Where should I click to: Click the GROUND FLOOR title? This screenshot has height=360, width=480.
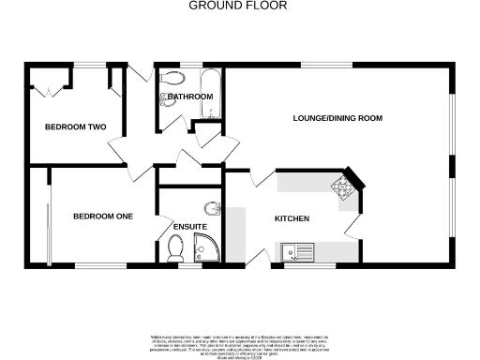[238, 6]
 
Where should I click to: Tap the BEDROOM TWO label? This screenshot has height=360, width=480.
[76, 127]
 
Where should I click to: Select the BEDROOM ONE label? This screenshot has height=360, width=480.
[103, 217]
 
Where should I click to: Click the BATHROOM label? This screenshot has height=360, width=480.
[190, 97]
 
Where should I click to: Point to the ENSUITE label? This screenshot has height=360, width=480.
[190, 227]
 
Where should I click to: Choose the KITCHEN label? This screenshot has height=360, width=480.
[292, 218]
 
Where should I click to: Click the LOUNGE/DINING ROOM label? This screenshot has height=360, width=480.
[337, 119]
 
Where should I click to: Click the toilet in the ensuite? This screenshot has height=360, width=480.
[173, 248]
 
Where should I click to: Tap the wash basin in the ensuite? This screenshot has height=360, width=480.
[213, 207]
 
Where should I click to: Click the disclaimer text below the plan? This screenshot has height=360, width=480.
[239, 343]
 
